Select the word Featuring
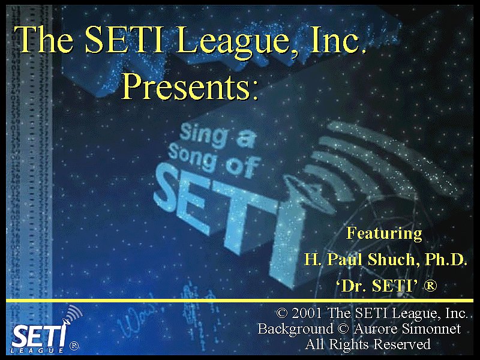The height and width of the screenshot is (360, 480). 384,234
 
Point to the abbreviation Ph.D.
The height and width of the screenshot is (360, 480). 446,259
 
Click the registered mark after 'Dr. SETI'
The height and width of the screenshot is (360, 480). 430,286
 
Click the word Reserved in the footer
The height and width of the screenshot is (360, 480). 402,344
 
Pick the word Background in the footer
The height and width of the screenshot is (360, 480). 295,329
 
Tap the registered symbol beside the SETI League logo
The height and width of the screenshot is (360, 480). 74,346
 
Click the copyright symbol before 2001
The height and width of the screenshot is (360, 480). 282,313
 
